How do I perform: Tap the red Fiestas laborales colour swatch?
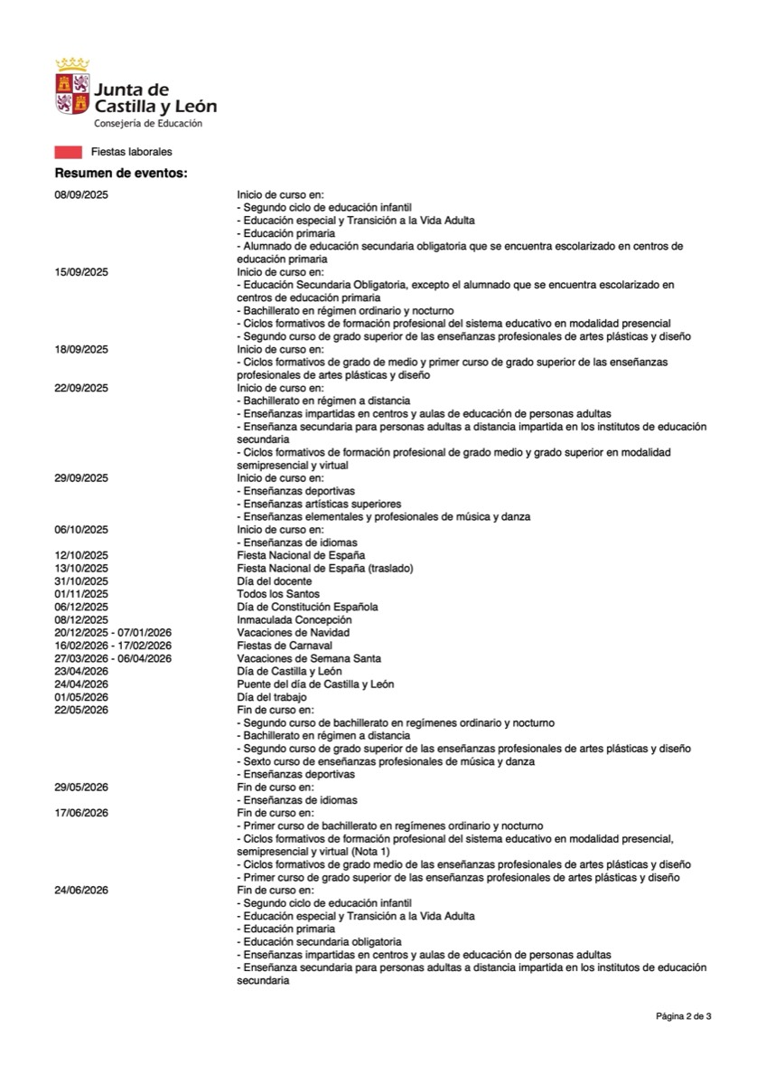[69, 152]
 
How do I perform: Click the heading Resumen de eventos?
[121, 173]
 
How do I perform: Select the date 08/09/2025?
[81, 194]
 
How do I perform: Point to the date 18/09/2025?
[81, 349]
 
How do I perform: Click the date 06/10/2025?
[81, 529]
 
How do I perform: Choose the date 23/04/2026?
[81, 672]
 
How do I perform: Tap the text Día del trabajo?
[272, 697]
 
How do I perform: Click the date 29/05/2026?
[81, 788]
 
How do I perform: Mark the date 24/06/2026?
[81, 891]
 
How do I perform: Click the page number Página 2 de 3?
[683, 1016]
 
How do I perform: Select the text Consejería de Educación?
[148, 123]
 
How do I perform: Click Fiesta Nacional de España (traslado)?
[312, 568]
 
